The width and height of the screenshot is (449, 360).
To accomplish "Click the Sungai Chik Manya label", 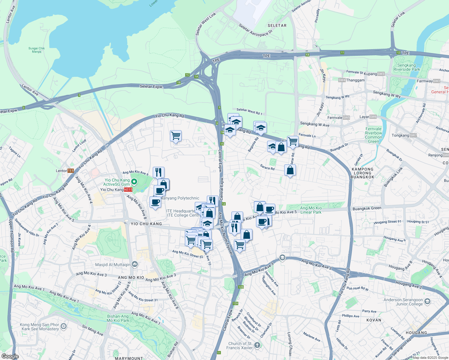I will click(37, 50).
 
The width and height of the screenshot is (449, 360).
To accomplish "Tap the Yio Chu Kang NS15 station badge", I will click(128, 190).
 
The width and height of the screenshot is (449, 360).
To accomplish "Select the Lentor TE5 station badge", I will click(71, 171).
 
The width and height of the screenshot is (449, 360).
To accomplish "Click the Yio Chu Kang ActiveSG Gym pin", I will click(134, 181).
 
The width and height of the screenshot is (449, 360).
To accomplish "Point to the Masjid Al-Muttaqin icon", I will click(134, 264).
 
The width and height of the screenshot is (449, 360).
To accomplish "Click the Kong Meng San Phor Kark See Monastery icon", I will click(63, 326).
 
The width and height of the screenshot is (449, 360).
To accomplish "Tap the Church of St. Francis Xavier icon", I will click(257, 345).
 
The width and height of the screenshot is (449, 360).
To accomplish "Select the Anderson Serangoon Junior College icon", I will click(427, 301).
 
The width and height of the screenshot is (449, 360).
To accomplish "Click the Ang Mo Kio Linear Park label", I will click(311, 210).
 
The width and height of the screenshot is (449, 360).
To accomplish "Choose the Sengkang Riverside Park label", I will click(407, 67).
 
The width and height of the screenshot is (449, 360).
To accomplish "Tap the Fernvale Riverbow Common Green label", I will click(373, 135).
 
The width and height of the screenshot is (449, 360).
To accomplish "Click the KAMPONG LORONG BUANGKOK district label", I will click(363, 173).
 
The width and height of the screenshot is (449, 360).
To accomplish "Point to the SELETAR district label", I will click(277, 25).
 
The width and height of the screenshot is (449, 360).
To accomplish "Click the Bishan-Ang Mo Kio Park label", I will click(118, 318).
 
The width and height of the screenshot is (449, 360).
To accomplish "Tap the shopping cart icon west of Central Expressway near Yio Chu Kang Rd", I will click(176, 136).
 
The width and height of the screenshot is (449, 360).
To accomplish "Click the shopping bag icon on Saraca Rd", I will click(290, 170).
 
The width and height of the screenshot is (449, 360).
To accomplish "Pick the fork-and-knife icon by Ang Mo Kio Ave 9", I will click(158, 172).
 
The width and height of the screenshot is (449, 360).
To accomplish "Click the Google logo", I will click(10, 356).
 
